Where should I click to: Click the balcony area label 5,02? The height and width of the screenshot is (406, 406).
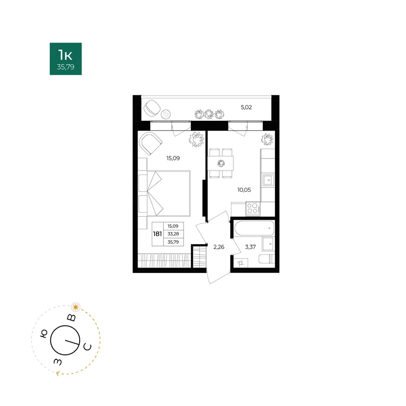pyautogui.click(x=246, y=107)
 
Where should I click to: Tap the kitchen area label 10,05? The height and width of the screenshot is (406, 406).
pyautogui.click(x=244, y=190)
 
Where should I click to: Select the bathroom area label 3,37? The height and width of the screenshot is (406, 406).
pyautogui.click(x=250, y=247)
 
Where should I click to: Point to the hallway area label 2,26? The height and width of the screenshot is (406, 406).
pyautogui.click(x=219, y=247)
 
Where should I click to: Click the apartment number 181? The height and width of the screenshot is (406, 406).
pyautogui.click(x=157, y=234)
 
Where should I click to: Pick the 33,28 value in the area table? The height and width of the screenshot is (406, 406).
pyautogui.click(x=173, y=234)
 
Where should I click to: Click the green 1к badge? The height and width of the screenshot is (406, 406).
pyautogui.click(x=66, y=59)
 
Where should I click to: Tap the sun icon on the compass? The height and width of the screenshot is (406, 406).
pyautogui.click(x=76, y=308)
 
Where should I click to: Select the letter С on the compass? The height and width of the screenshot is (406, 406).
pyautogui.click(x=87, y=347)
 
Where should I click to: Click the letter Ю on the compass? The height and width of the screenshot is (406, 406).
pyautogui.click(x=44, y=334)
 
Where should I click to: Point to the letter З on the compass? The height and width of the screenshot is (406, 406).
pyautogui.click(x=58, y=362)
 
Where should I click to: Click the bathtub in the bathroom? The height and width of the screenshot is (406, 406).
pyautogui.click(x=254, y=228)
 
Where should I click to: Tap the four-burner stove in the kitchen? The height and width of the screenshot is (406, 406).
pyautogui.click(x=253, y=209)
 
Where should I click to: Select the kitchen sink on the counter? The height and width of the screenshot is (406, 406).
pyautogui.click(x=268, y=180)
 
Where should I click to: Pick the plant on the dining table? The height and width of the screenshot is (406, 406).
pyautogui.click(x=221, y=163)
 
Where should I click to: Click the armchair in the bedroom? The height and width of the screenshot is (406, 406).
pyautogui.click(x=150, y=143)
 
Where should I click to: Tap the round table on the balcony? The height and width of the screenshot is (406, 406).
pyautogui.click(x=166, y=114)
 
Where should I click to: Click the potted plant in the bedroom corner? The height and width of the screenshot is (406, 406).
pyautogui.click(x=196, y=139)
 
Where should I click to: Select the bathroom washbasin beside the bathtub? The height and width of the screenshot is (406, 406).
pyautogui.click(x=268, y=244)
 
